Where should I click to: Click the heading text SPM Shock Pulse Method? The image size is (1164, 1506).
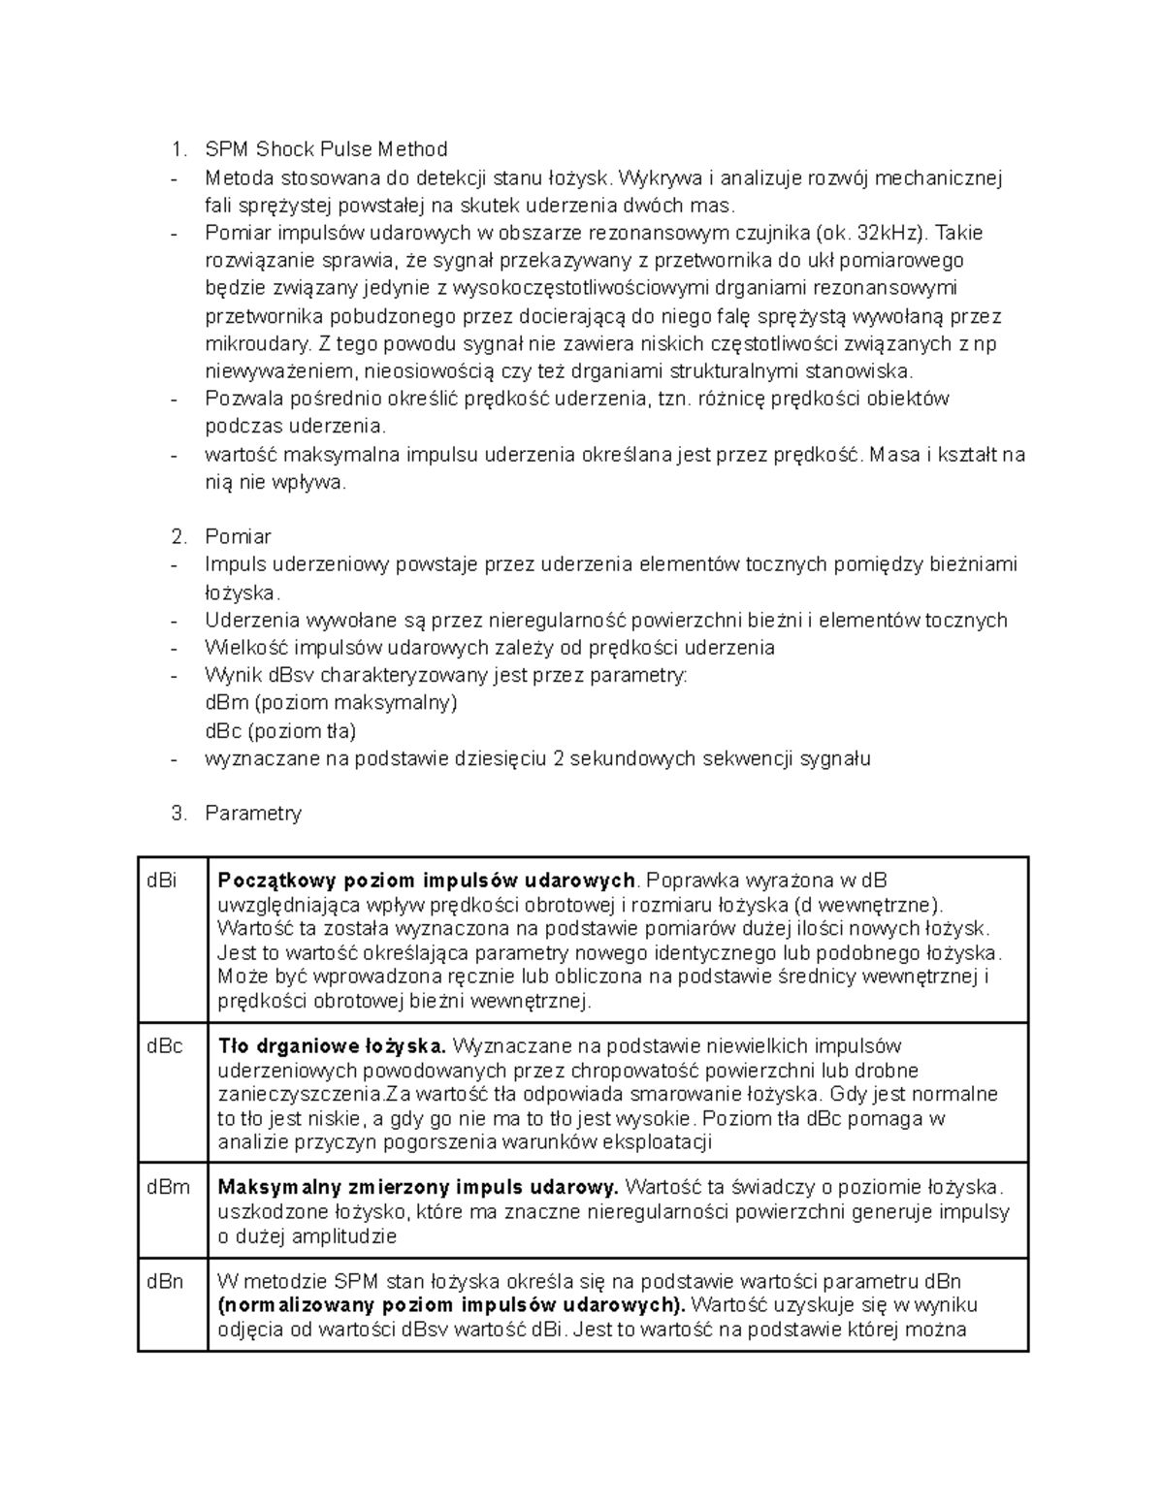(326, 149)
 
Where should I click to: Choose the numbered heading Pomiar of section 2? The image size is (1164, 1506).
(238, 537)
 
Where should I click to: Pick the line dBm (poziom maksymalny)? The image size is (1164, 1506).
(331, 703)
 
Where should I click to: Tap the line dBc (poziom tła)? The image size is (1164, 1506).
(280, 731)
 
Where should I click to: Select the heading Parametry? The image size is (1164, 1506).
(253, 814)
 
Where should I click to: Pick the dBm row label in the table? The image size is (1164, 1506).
(168, 1188)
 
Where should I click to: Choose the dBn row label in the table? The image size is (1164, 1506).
(165, 1282)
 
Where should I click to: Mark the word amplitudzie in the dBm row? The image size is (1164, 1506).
(345, 1236)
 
